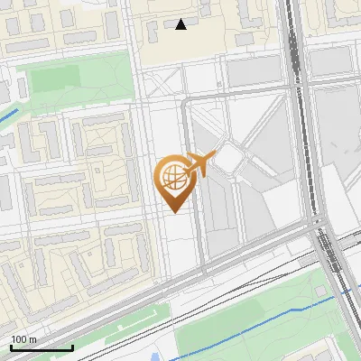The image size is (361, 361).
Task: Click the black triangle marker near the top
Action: [x=181, y=24]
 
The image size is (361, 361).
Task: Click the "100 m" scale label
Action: [x=24, y=339]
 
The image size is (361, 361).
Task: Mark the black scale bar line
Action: [x=42, y=347]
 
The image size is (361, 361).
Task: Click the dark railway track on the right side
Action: [x=298, y=90]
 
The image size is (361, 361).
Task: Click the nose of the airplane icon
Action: [x=216, y=155]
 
